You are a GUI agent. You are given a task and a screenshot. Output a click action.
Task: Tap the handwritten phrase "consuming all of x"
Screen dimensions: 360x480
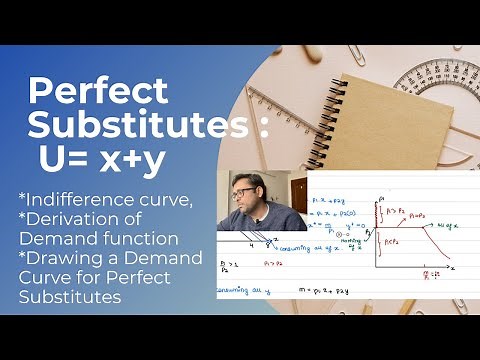click(299, 246)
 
